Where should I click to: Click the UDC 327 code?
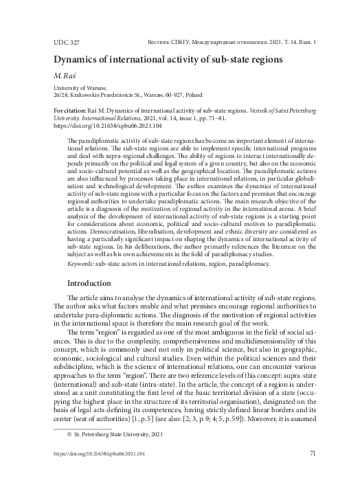tap(66, 42)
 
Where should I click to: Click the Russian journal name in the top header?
tap(233, 42)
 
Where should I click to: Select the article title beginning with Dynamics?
tap(168, 59)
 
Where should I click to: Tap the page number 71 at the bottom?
tap(313, 473)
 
